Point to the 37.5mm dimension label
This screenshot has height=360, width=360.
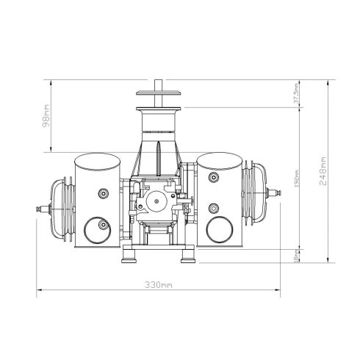point(295,95)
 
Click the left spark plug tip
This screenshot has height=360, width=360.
point(37,212)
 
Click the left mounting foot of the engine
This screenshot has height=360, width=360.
point(131,256)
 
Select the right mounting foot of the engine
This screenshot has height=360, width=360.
point(187,256)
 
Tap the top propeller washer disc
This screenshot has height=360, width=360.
point(160,93)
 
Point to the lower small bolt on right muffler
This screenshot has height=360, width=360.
point(213,206)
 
